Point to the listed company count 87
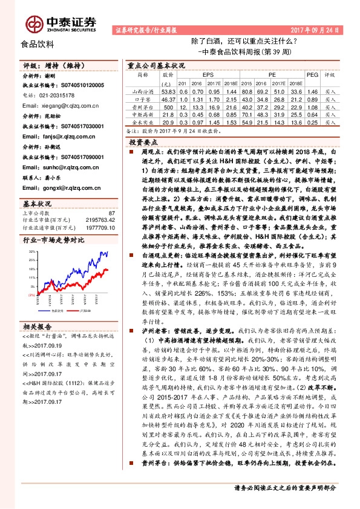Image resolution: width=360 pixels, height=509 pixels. pyautogui.click(x=111, y=213)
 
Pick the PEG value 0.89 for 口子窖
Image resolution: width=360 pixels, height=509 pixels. pyautogui.click(x=312, y=97)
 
